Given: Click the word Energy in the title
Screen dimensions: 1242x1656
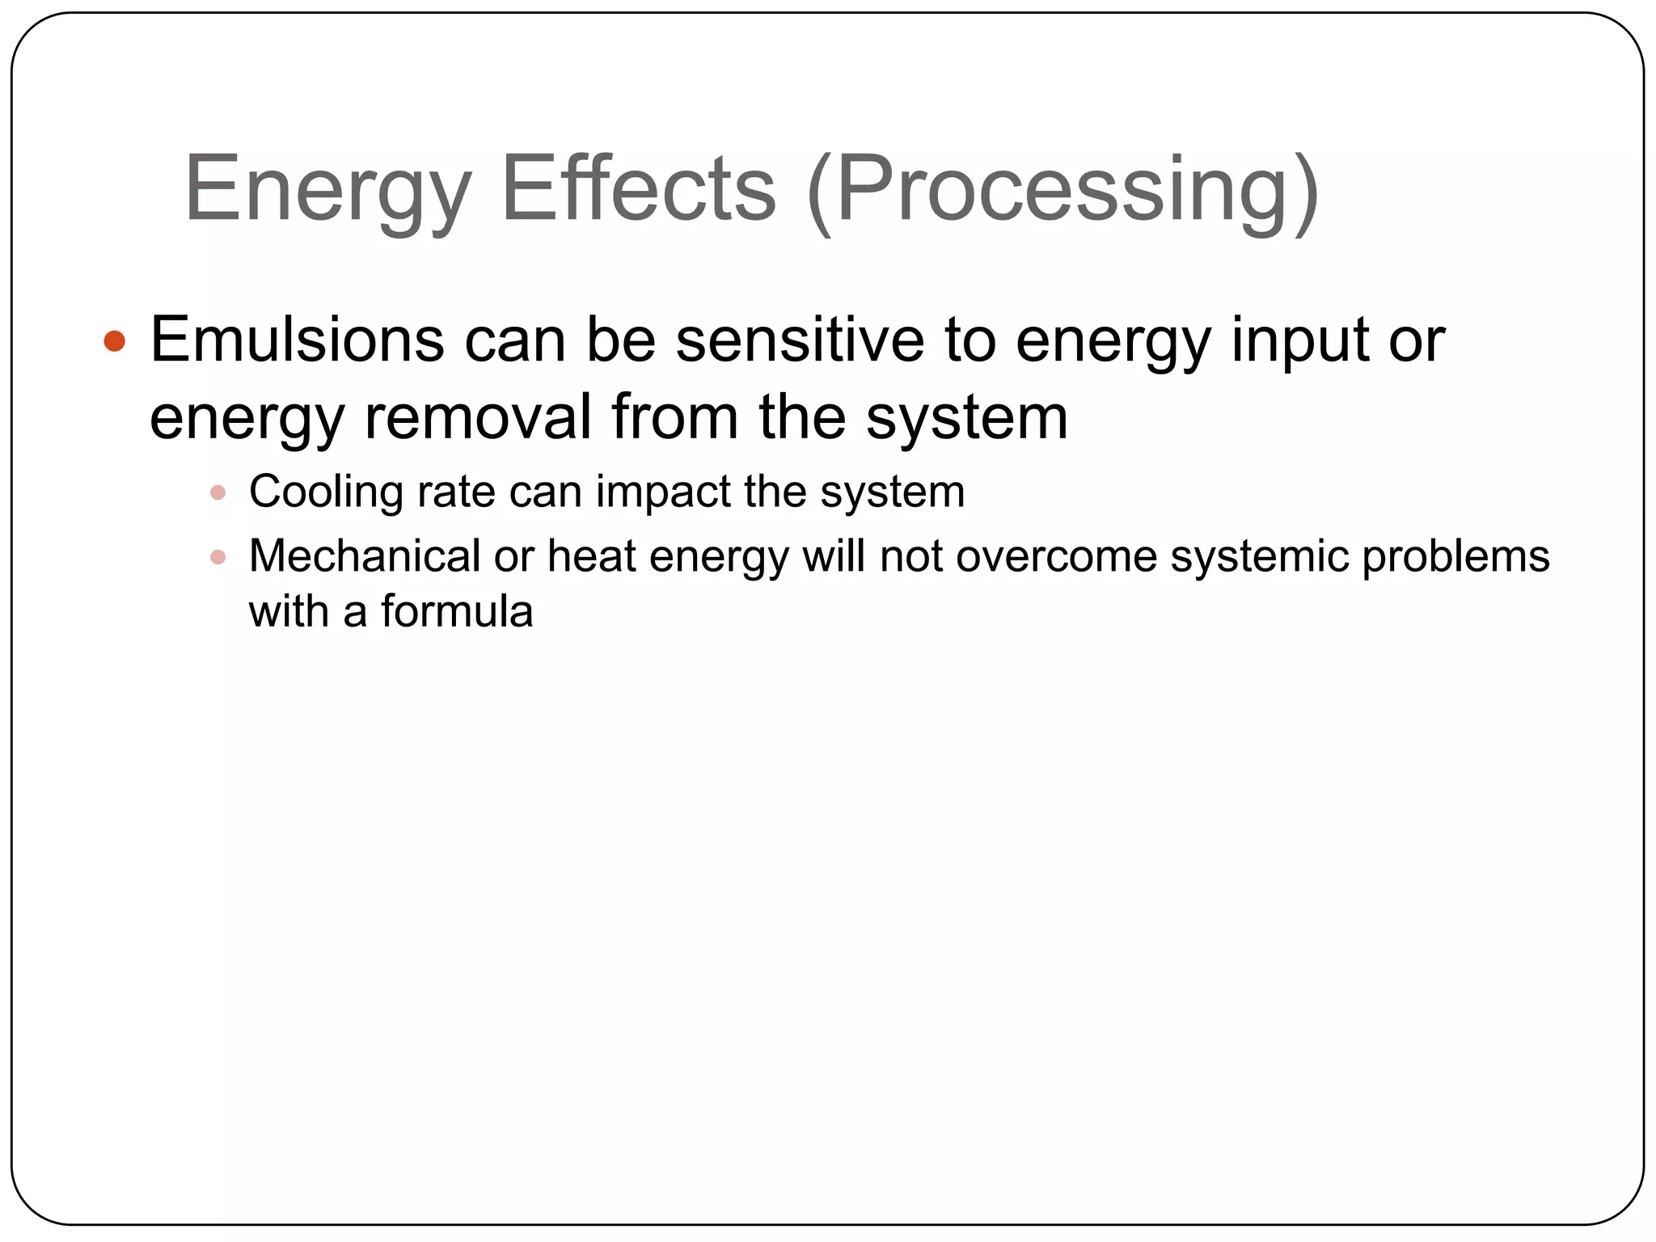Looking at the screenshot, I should [327, 190].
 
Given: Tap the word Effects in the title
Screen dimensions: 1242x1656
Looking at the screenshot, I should [639, 190].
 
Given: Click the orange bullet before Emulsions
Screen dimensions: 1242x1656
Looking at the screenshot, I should [115, 340].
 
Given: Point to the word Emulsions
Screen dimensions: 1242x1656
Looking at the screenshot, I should [297, 340].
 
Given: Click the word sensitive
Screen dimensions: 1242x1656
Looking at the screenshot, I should [800, 340].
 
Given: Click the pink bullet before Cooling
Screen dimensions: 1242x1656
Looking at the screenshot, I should [218, 492].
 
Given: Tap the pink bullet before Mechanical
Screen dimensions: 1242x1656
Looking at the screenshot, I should [218, 557].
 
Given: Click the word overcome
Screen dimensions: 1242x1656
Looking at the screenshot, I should [1055, 556].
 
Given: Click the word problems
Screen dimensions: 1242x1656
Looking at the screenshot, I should [1455, 556].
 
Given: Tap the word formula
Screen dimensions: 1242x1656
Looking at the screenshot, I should [457, 611].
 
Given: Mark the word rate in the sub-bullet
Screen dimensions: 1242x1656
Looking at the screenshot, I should [456, 492].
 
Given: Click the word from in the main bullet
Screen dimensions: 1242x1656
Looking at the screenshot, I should [674, 416].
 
